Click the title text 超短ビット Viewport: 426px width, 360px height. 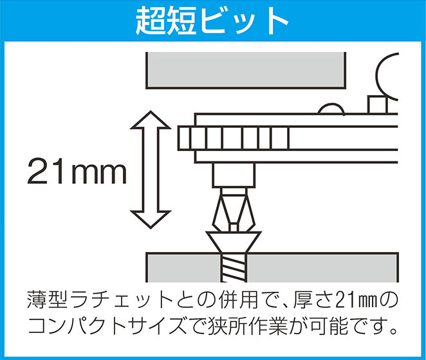[x=212, y=21]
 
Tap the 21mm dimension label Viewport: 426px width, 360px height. [x=75, y=170]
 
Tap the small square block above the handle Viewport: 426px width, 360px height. [x=376, y=104]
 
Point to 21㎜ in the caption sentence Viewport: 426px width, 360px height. [x=351, y=300]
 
